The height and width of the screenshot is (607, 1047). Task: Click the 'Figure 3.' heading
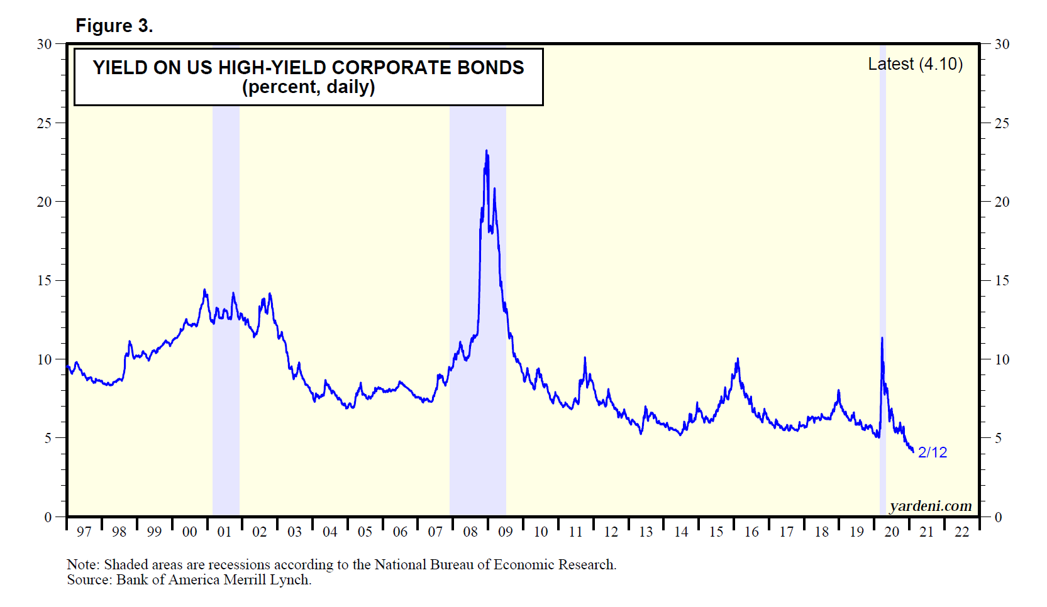tap(114, 26)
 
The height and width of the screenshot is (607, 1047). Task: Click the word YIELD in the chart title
tap(120, 68)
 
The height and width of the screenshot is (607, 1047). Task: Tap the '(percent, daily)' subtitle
tap(308, 87)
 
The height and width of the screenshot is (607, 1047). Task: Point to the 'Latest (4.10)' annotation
tap(915, 64)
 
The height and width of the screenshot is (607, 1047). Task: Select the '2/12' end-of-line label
tap(932, 452)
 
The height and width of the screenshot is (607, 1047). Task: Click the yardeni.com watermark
tap(931, 506)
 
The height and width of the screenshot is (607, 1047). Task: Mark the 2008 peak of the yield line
tap(486, 151)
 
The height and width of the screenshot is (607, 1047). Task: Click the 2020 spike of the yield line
tap(882, 339)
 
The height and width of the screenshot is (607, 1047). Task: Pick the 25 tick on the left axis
tap(44, 123)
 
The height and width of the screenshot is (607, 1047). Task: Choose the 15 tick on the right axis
tap(1002, 281)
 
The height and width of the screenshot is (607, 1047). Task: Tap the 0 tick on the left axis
tap(48, 517)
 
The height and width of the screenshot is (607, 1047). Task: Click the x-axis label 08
tap(470, 532)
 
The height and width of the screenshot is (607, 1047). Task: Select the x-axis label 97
tap(84, 532)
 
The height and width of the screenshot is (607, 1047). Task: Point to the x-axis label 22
tap(961, 532)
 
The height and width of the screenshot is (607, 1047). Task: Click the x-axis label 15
tap(716, 532)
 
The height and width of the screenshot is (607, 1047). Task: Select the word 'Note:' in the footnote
tap(83, 564)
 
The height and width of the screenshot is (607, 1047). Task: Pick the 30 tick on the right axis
tap(1002, 45)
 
